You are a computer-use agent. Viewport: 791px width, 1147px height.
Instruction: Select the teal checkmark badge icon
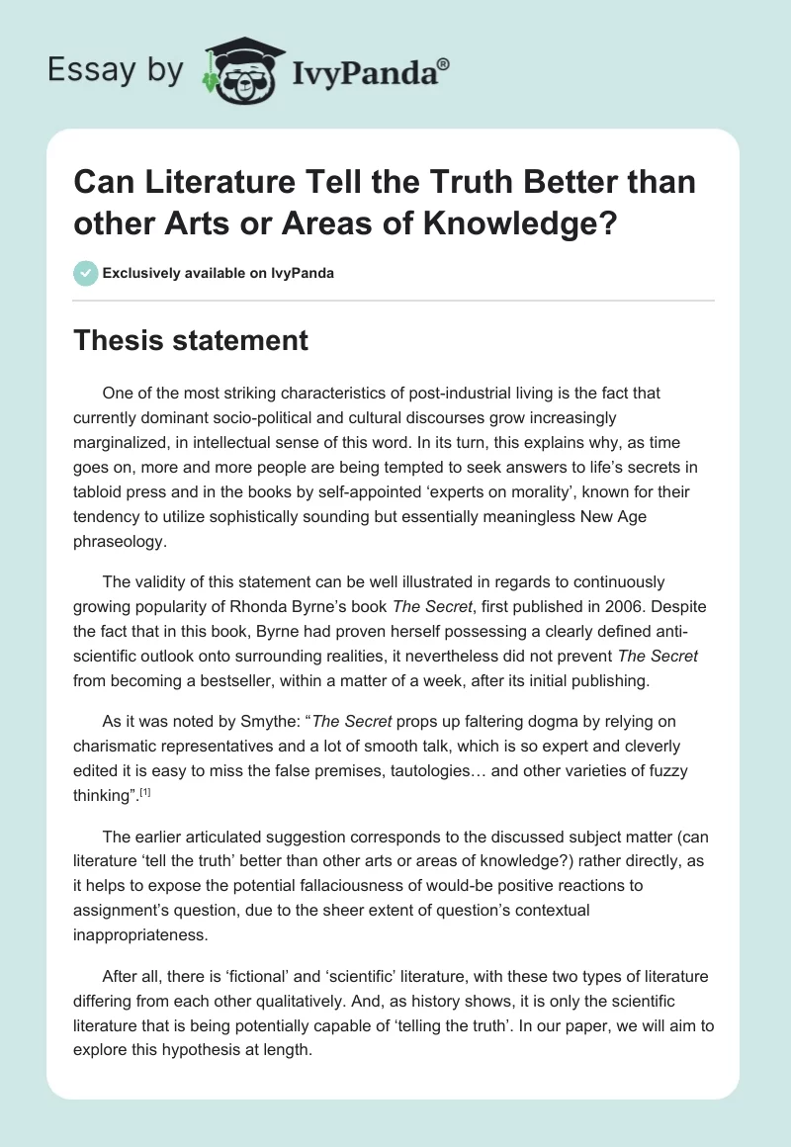tap(86, 273)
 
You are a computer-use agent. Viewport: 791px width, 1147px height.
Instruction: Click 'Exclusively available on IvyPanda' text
tap(218, 273)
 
